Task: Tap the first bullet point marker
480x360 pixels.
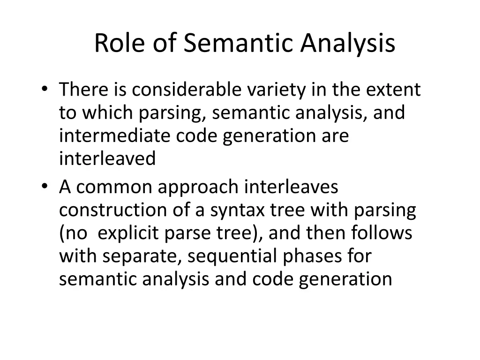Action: click(x=44, y=90)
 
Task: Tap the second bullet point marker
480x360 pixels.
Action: click(x=44, y=187)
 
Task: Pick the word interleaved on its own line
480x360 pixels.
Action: click(x=107, y=159)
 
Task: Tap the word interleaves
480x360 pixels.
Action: click(x=292, y=187)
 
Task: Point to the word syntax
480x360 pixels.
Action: click(x=237, y=211)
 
